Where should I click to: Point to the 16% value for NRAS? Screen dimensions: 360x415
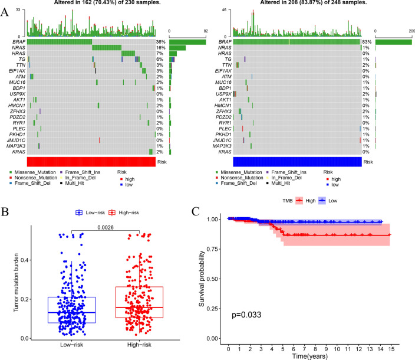click(160, 48)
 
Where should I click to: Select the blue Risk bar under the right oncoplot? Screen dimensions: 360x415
click(297, 162)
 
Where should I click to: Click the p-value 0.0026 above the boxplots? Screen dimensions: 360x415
click(106, 225)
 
